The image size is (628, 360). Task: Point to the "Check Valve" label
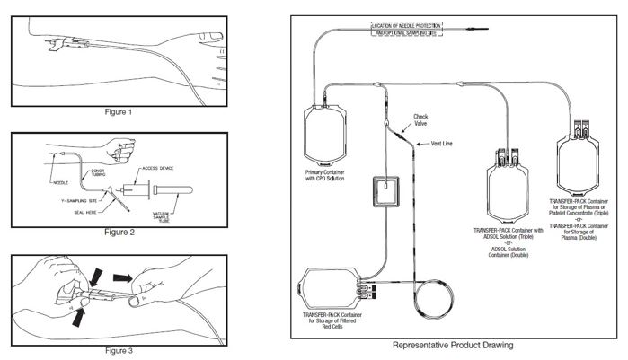coord(420,119)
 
